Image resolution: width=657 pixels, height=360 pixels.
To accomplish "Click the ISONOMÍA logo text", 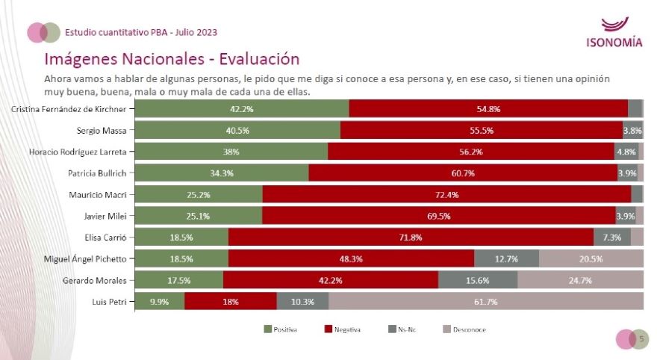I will pos(614,42).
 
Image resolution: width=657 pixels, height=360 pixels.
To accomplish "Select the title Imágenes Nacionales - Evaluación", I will pos(172,58).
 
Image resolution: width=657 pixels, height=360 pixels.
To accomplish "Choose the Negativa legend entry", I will pos(346,329).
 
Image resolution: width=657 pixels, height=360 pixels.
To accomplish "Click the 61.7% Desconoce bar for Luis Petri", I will pos(485,302).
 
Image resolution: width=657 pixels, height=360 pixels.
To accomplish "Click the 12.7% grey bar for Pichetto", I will pos(506,258).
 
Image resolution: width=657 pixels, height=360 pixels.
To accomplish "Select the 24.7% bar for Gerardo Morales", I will pos(580,280).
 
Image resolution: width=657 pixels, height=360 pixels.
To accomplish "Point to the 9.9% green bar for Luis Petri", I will pos(159,302).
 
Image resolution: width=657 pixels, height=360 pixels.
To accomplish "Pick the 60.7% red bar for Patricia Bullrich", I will pos(462,173).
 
